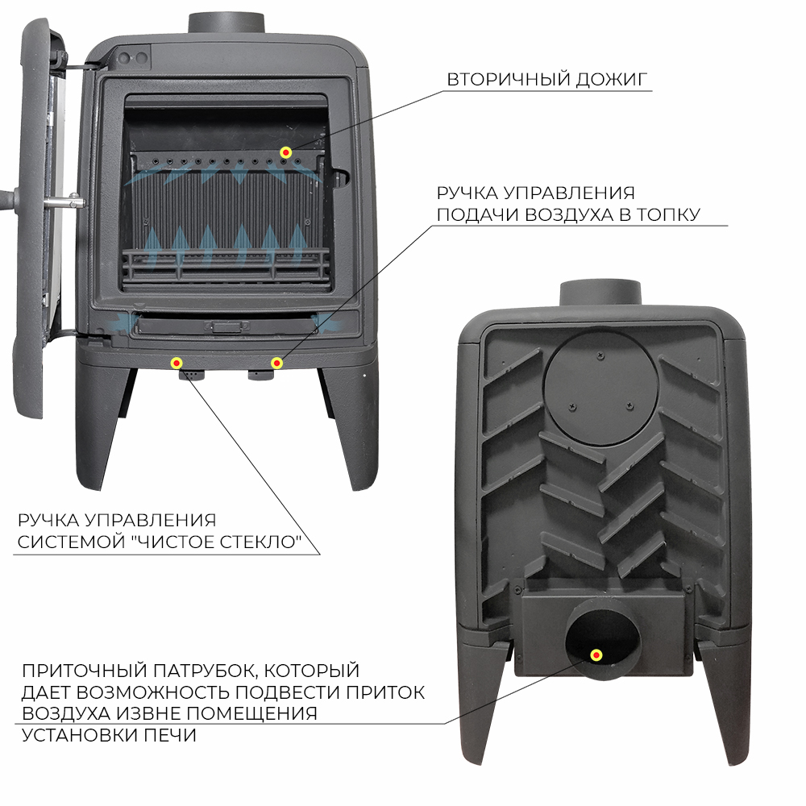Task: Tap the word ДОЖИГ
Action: point(611,80)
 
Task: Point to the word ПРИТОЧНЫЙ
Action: point(85,671)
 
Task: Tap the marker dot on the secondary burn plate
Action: point(286,152)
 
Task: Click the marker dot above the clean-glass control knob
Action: point(177,364)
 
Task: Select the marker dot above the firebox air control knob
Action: point(276,364)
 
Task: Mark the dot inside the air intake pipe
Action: point(596,654)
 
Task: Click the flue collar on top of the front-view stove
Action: point(226,23)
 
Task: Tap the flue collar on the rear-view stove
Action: point(600,293)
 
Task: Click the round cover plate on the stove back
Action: point(600,387)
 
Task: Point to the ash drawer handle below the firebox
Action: point(227,326)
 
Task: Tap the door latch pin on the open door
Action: point(64,202)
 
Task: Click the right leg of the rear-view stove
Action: point(722,704)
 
